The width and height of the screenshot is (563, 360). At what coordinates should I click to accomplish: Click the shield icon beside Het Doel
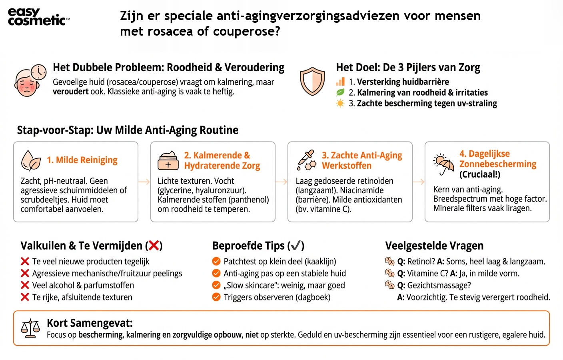pos(312,81)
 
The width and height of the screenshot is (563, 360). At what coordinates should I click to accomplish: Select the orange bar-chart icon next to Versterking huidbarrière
pos(340,82)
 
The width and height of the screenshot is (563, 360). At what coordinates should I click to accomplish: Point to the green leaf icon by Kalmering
pos(340,92)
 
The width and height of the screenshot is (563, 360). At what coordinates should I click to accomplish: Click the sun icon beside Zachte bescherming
pos(340,104)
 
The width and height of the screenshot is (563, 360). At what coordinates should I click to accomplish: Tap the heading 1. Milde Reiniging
pos(82,160)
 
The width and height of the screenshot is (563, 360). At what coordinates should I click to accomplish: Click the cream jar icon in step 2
pos(168,161)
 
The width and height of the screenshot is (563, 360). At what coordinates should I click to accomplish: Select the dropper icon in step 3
pos(307,160)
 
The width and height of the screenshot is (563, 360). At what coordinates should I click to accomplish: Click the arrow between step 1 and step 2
pos(144,182)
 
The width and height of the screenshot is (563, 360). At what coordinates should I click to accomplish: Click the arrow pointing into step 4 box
pos(418,182)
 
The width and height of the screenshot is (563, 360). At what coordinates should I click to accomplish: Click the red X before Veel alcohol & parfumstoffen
pos(25,285)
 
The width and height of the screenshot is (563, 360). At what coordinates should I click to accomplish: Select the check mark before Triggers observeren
pos(216,297)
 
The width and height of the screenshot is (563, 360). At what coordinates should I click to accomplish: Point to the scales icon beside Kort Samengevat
pos(30,328)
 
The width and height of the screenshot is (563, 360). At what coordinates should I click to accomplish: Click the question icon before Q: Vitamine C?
pos(389,273)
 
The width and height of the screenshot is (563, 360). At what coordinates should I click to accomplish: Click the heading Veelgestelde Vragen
pos(434,246)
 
